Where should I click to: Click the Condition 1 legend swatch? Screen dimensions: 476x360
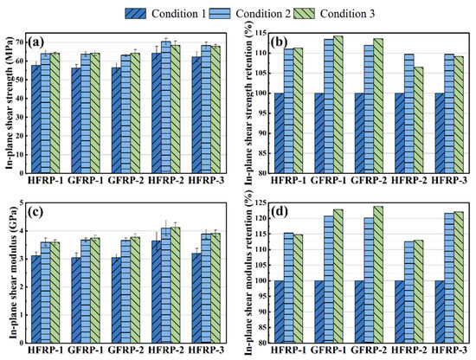tap(135, 13)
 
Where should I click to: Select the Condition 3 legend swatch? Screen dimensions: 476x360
tap(304, 13)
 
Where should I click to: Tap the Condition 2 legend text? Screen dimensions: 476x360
tap(263, 14)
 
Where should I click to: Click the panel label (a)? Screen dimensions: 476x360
tap(35, 42)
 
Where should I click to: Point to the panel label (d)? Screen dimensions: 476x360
tap(280, 211)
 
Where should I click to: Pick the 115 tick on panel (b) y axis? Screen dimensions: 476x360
tap(261, 33)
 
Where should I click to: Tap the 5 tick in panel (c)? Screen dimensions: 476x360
tap(22, 202)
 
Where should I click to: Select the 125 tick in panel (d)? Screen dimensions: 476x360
tap(261, 202)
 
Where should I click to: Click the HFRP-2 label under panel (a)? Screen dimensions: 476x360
tap(166, 180)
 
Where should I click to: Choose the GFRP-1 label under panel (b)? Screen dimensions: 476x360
tap(329, 180)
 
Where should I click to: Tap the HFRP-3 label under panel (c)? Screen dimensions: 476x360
tap(207, 350)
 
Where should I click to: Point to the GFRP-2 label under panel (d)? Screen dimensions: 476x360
tap(370, 350)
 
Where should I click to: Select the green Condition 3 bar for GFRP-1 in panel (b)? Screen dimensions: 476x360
tap(338, 105)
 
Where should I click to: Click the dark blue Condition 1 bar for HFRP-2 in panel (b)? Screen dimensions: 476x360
tap(400, 133)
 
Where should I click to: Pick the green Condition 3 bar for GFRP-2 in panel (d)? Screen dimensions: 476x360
tap(378, 274)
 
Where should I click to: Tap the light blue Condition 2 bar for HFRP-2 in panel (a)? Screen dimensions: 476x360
tap(166, 107)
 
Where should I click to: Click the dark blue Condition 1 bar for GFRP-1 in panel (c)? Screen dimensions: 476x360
tap(76, 300)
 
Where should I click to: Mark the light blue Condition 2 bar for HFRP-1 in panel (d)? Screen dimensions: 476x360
tap(289, 288)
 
